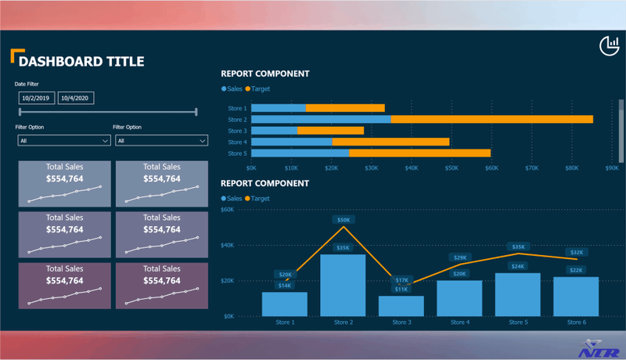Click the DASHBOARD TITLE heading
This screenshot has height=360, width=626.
[81, 61]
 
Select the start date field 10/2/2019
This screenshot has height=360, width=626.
[36, 98]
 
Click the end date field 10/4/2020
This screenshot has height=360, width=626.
[76, 98]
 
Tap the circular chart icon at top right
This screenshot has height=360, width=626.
[609, 46]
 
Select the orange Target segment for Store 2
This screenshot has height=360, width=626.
[491, 119]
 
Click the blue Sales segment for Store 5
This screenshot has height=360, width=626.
[300, 153]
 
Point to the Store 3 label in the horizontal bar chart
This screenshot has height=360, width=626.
[237, 131]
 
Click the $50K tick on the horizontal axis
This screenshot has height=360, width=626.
[452, 167]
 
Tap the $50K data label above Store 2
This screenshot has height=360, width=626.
[343, 220]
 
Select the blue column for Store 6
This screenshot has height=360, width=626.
[576, 296]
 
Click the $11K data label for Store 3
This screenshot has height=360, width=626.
[401, 289]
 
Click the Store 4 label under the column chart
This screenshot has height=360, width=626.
[459, 322]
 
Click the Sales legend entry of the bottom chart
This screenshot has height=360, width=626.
[232, 199]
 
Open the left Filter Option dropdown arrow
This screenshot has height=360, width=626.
[105, 141]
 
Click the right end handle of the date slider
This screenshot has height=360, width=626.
[196, 113]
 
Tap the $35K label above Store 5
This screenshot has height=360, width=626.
[518, 247]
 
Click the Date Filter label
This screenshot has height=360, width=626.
[27, 84]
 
